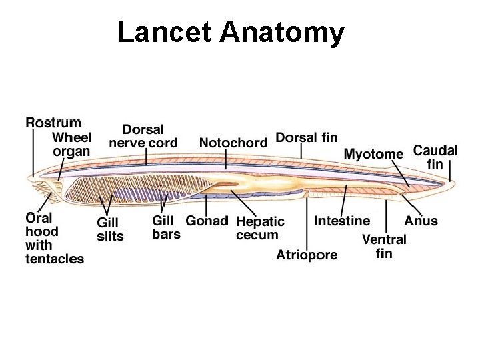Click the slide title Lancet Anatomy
click(x=231, y=32)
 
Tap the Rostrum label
click(x=53, y=123)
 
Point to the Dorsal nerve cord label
click(x=143, y=136)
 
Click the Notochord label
click(x=233, y=142)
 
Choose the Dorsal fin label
click(x=307, y=137)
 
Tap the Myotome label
click(x=373, y=154)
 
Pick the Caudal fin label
click(x=435, y=157)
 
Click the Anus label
click(x=421, y=221)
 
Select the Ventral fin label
click(x=384, y=246)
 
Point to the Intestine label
click(x=342, y=221)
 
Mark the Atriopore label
click(x=307, y=255)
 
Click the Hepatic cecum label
click(x=260, y=227)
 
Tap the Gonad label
click(x=207, y=221)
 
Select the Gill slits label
click(x=111, y=229)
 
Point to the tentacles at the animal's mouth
click(x=44, y=197)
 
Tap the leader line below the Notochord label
click(x=227, y=160)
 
